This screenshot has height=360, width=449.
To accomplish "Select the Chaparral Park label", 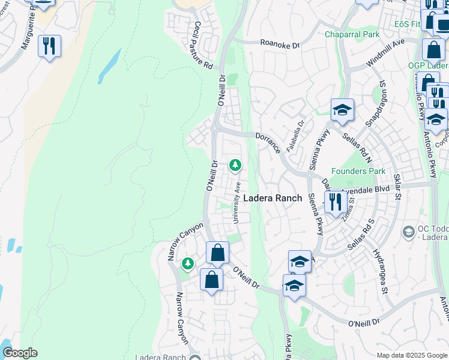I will pos(352,34).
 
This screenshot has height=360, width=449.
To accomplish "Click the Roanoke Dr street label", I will pos(279,43).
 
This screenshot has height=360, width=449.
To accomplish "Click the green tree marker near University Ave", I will pos(235,164).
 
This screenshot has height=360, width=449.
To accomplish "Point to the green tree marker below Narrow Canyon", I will pos(188,263).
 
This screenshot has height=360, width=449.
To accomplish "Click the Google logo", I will pos(20,353).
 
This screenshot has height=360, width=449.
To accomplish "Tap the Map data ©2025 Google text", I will pos(412,355).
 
